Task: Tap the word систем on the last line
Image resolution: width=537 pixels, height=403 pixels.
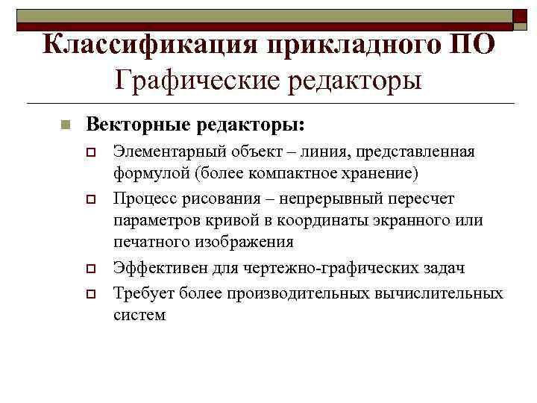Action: [139, 314]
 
